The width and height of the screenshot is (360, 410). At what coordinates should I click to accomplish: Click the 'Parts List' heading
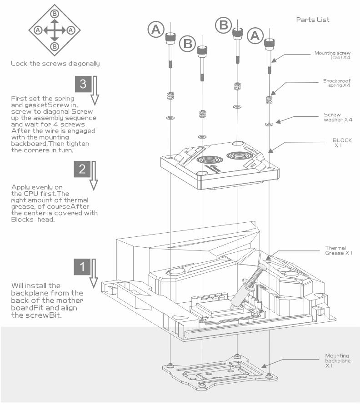313,20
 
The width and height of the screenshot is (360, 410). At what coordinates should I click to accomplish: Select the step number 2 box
82,169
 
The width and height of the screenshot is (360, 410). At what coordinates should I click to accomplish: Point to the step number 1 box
82,267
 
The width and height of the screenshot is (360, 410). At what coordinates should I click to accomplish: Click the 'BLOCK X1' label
342,143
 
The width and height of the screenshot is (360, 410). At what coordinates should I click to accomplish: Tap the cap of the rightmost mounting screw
270,44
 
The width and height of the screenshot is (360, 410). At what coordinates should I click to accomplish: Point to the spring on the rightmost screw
269,100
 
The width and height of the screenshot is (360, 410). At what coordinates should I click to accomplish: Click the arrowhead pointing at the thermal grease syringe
269,258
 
